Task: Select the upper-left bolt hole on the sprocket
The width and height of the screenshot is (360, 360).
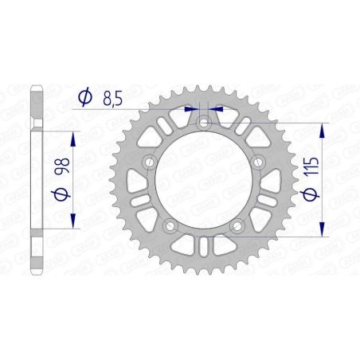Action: pos(148,163)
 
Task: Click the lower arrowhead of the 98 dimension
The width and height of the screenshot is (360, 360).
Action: pos(74,223)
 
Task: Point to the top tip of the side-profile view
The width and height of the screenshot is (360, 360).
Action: pos(34,86)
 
